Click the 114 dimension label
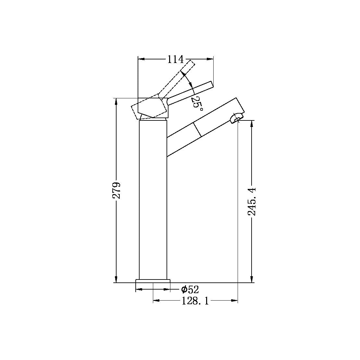click(x=175, y=59)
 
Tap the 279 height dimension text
click(x=117, y=190)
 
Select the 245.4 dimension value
click(x=252, y=201)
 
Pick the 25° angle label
click(x=197, y=103)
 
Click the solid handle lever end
click(x=209, y=85)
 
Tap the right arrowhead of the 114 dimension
click(x=211, y=59)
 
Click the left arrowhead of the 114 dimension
click(x=141, y=59)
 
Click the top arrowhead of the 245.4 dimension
click(x=252, y=123)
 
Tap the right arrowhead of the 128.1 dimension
click(x=235, y=301)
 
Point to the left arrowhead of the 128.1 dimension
click(x=155, y=301)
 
